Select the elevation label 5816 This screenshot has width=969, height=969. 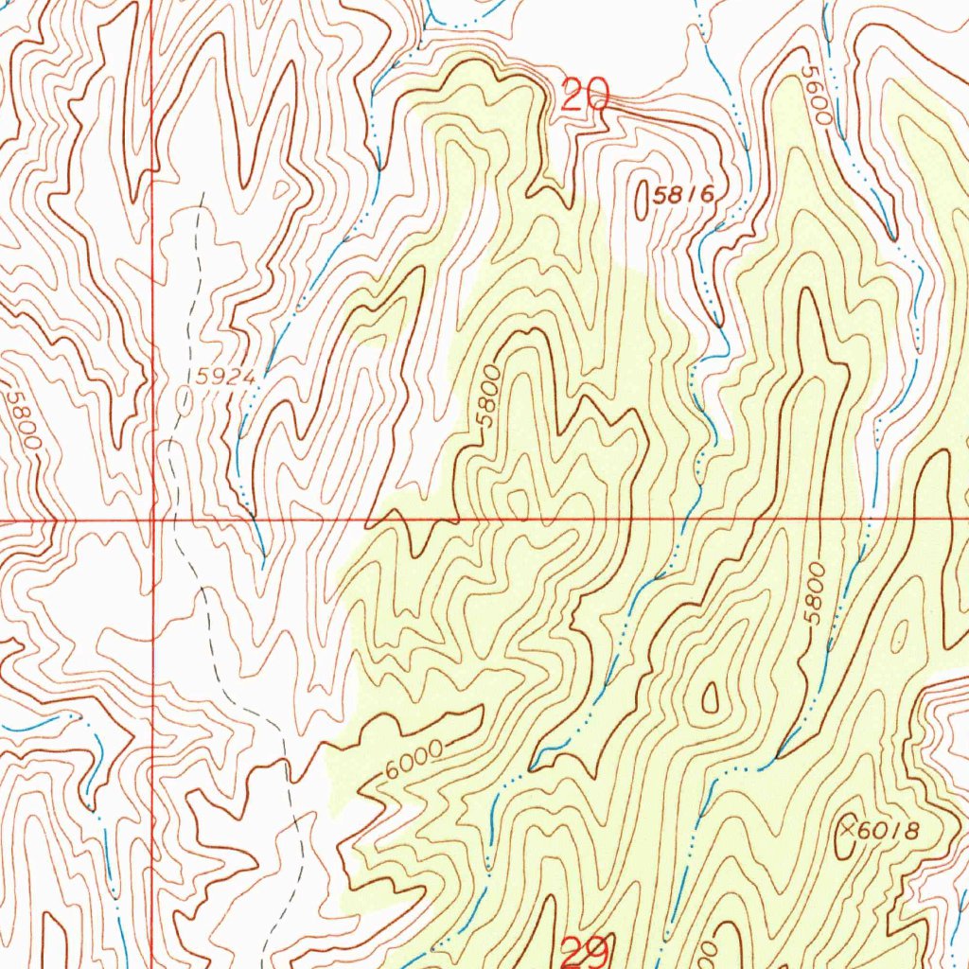point(681,196)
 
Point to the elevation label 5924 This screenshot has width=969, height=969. point(227,377)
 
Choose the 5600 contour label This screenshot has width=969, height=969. point(816,96)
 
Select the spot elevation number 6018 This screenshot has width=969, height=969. point(888,831)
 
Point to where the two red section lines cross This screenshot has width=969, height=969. point(153,520)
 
